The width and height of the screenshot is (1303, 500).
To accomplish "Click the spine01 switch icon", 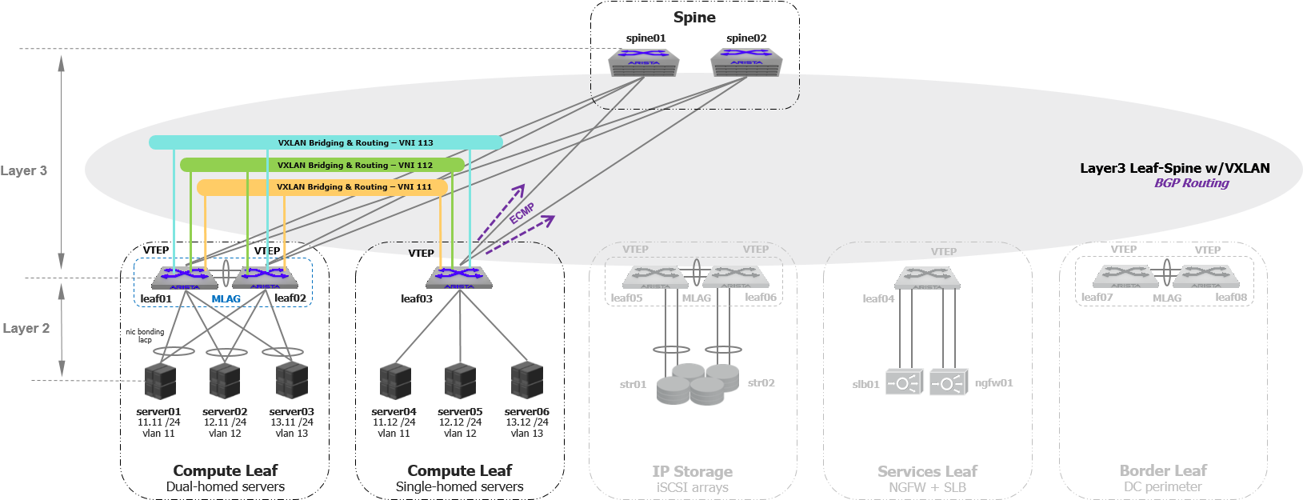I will tap(644, 62).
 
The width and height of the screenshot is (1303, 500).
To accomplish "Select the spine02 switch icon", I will tap(746, 62).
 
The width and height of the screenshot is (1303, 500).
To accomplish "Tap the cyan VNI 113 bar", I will tap(326, 142).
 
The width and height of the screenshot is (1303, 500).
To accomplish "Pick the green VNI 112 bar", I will tap(322, 165).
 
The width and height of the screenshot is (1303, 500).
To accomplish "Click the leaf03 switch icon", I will tap(459, 278).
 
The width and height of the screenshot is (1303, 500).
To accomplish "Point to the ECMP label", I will tap(522, 213).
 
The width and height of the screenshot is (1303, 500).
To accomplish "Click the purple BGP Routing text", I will tap(1191, 183).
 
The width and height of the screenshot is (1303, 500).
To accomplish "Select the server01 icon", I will tap(160, 381).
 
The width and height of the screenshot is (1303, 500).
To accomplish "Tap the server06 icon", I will tap(527, 381).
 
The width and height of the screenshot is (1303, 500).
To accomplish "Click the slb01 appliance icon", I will tap(905, 382).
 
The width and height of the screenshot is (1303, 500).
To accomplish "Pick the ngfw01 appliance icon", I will tap(949, 382).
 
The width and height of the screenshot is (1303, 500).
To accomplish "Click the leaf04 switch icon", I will tap(927, 278).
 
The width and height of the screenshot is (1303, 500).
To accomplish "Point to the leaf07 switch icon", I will tap(1125, 276).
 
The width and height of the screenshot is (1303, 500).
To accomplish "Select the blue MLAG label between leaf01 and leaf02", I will tap(226, 299).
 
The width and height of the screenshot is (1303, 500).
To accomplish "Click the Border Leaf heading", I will tap(1163, 470).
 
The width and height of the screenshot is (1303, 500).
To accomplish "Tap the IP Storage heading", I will tap(692, 471).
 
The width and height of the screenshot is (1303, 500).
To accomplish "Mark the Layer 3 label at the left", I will tap(24, 170).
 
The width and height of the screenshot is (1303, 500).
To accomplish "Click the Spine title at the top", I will tap(694, 17).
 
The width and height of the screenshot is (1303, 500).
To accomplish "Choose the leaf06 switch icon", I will tap(736, 277).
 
